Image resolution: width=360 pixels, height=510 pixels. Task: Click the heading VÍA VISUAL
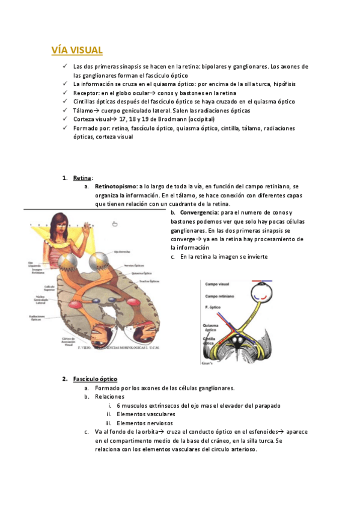pos(77,50)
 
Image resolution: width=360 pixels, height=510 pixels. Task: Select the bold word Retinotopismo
pos(115,187)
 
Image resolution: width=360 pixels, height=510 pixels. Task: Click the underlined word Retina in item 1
pos(82,179)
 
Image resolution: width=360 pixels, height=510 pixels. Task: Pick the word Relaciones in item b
pos(109,396)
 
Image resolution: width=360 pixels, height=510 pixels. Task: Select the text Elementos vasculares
pos(146,414)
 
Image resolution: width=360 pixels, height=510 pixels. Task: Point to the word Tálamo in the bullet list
pos(83,111)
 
